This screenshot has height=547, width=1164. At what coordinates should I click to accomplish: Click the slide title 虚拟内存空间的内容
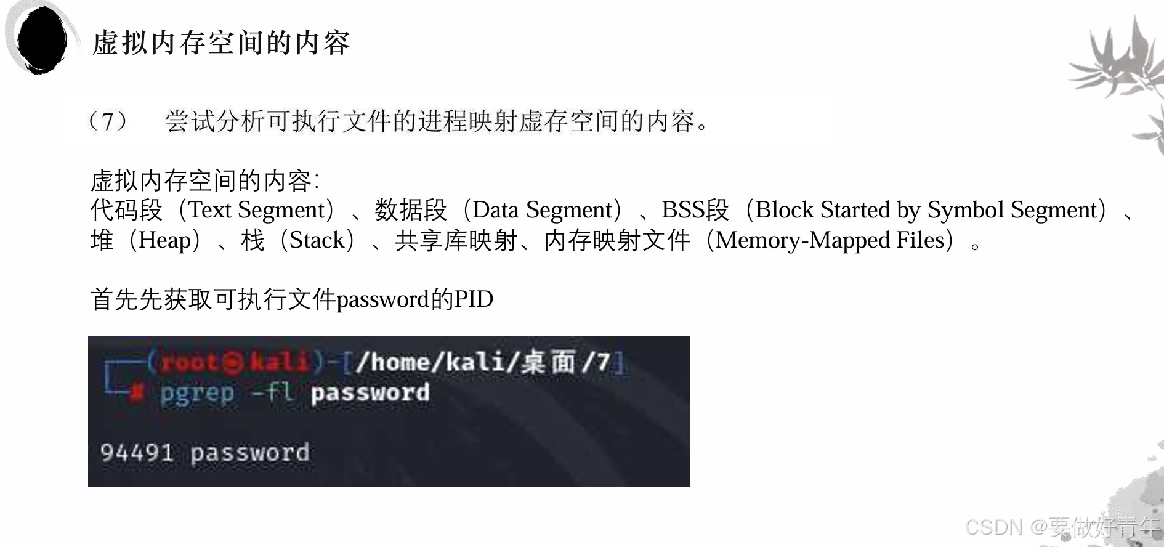tap(221, 43)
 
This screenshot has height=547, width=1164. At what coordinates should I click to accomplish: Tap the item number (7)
tap(108, 121)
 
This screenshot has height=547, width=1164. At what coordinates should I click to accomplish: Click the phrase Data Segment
tap(543, 210)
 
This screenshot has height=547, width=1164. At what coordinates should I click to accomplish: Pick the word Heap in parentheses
tap(165, 240)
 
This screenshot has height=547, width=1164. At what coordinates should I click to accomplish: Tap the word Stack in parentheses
tap(317, 240)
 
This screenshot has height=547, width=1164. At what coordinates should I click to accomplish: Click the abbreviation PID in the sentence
tap(474, 299)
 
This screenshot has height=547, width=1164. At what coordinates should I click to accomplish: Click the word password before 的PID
tap(382, 299)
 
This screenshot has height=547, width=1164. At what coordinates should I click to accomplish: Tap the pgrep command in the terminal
tap(197, 393)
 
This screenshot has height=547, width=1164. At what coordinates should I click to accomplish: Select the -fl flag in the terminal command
tap(272, 392)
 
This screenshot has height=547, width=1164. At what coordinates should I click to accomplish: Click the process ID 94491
tap(137, 453)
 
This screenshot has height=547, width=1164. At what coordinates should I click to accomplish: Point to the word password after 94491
tap(249, 453)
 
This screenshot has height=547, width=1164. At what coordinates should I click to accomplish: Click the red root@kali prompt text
tap(234, 362)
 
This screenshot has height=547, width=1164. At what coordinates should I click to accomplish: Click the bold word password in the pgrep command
tap(370, 393)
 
